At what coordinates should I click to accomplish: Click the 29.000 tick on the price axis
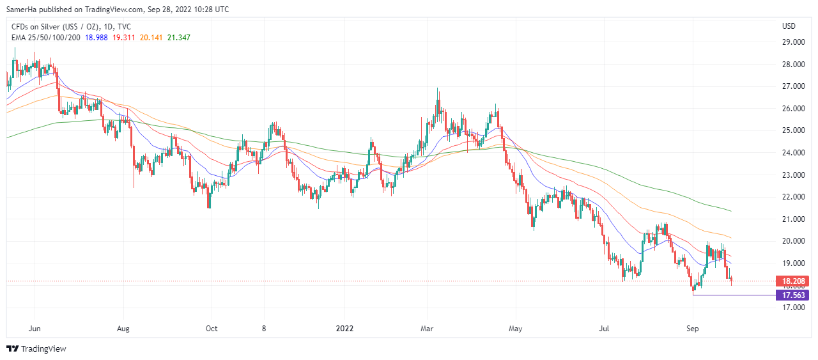tap(792, 42)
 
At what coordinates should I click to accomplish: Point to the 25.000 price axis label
tap(792, 130)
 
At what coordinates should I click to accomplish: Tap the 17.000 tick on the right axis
tap(792, 308)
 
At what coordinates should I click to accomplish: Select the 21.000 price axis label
tap(792, 219)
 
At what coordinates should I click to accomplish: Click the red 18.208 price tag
tap(792, 281)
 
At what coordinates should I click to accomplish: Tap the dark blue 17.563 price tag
tap(792, 295)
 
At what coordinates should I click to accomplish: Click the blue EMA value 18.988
tap(96, 37)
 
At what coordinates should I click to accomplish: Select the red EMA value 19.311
tap(123, 37)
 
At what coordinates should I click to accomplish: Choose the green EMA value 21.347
tap(178, 37)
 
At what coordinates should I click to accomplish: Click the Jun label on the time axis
tap(35, 329)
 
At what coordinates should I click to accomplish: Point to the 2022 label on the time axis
tap(344, 329)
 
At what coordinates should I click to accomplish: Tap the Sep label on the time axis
tap(693, 329)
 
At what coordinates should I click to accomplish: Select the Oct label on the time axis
tap(212, 329)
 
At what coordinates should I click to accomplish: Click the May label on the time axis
tap(516, 329)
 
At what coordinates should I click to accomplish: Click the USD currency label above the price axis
tap(789, 26)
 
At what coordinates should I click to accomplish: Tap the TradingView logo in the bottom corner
tap(36, 348)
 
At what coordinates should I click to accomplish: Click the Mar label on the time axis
tap(428, 329)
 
